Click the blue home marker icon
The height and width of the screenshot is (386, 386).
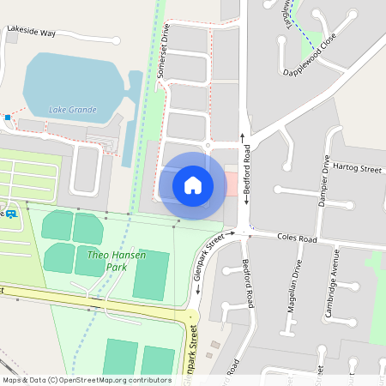coord(193,184)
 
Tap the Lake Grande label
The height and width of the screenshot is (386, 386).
coord(73,110)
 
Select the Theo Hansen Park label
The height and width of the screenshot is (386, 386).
coord(117,261)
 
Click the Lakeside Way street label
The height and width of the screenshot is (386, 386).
coord(31,32)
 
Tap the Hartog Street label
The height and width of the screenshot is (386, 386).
coord(358,169)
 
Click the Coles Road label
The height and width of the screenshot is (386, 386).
coord(298,237)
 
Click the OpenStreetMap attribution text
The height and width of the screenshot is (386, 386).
coord(87,379)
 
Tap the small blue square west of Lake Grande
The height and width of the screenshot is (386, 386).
coord(8,116)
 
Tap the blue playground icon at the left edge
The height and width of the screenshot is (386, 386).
coord(11,214)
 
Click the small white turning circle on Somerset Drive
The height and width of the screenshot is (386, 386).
coord(208,146)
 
